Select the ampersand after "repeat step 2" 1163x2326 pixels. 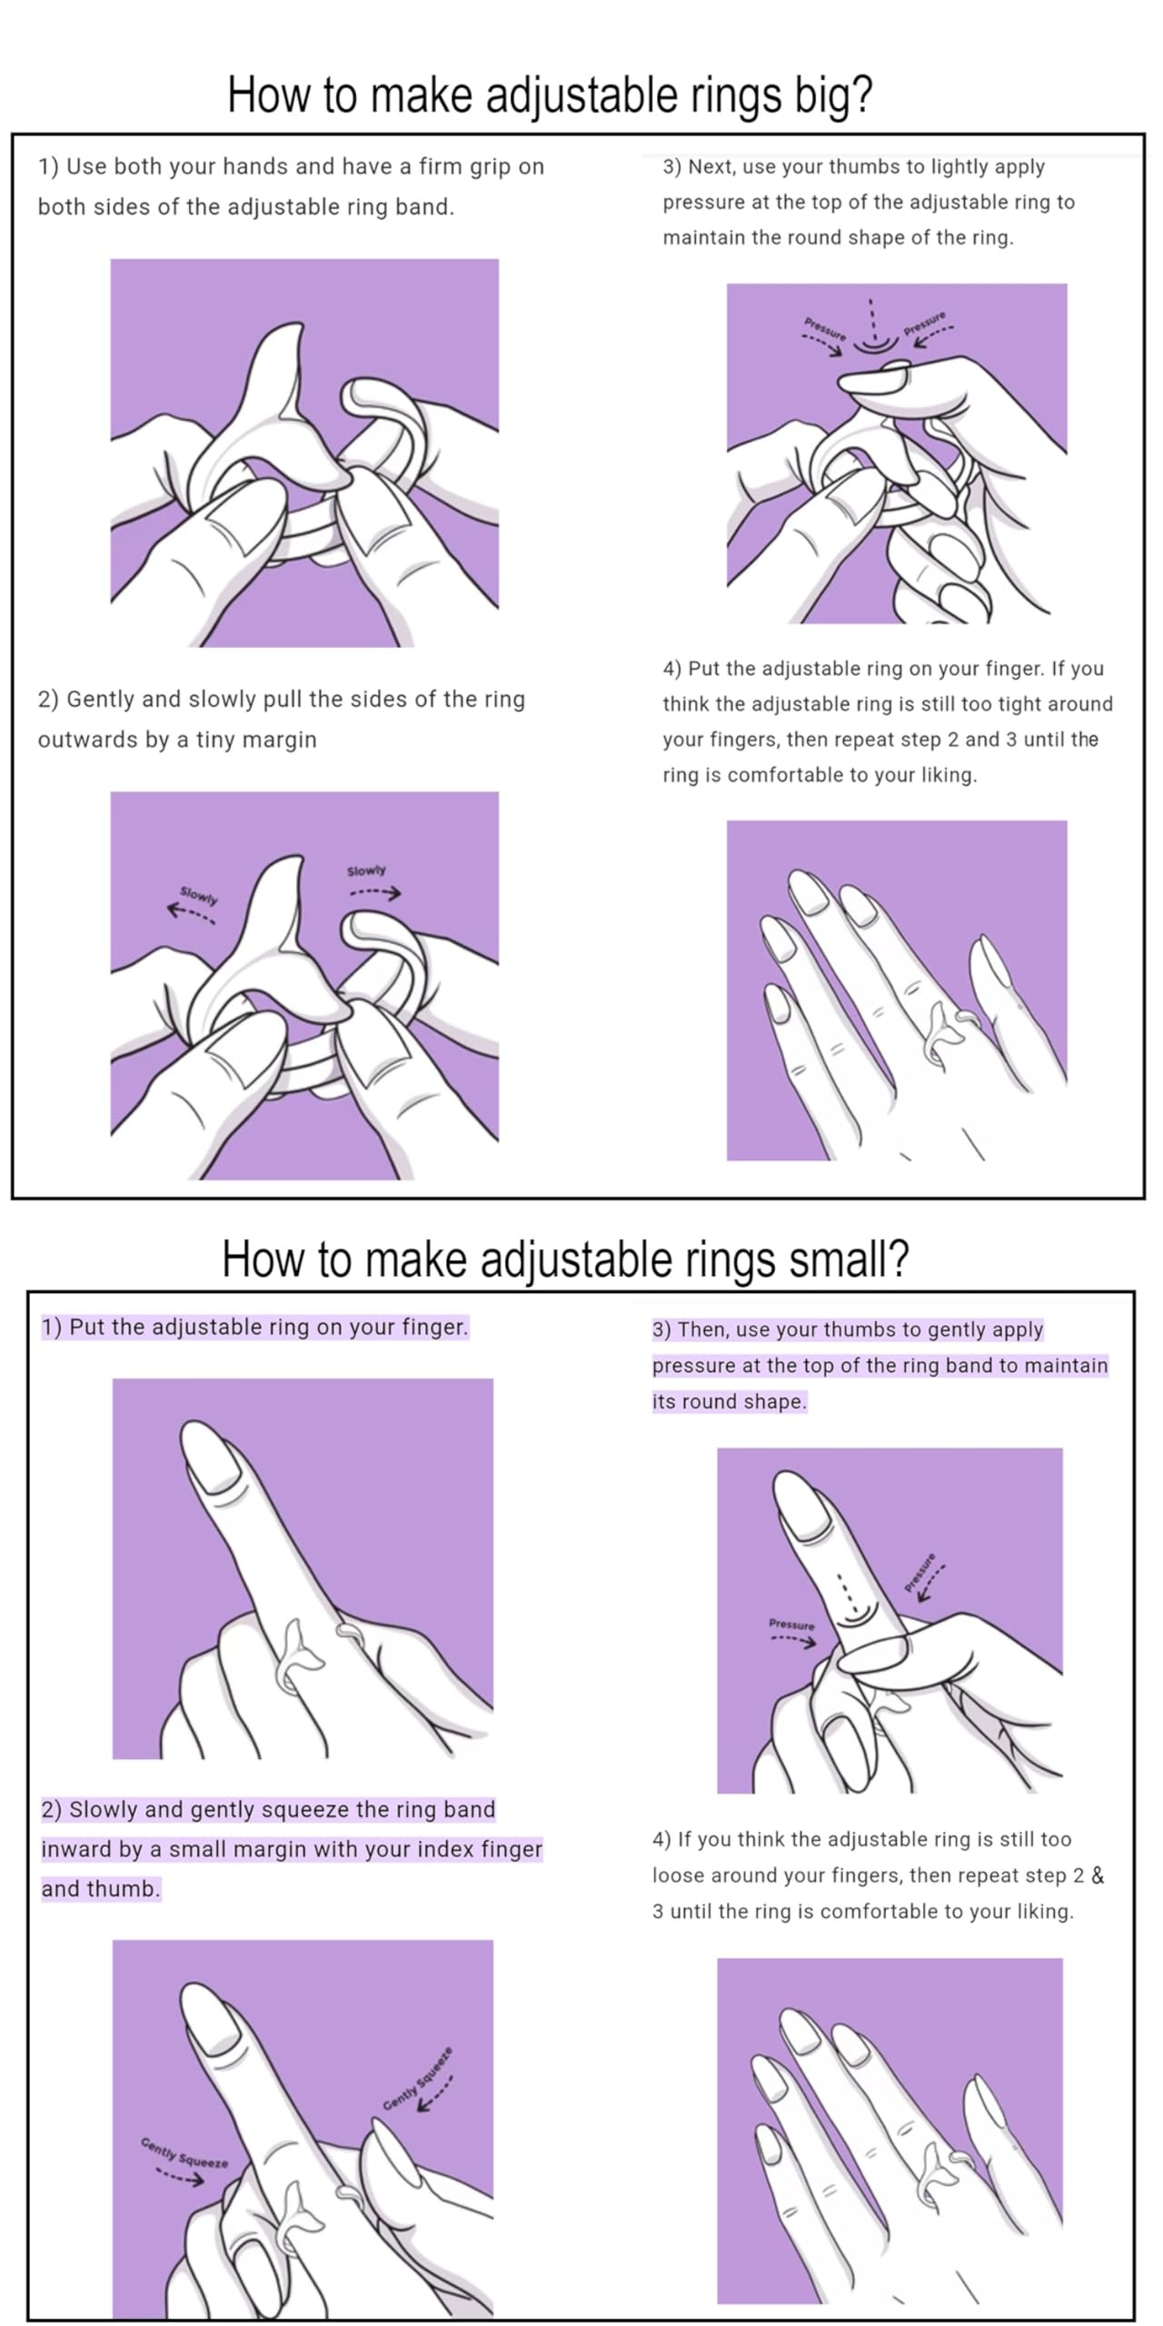pos(1098,1876)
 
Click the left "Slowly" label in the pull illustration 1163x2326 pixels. pos(199,896)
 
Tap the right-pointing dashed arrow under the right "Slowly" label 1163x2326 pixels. pos(375,893)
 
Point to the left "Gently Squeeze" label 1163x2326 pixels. pos(184,2152)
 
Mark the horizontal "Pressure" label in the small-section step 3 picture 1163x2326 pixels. pos(791,1624)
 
